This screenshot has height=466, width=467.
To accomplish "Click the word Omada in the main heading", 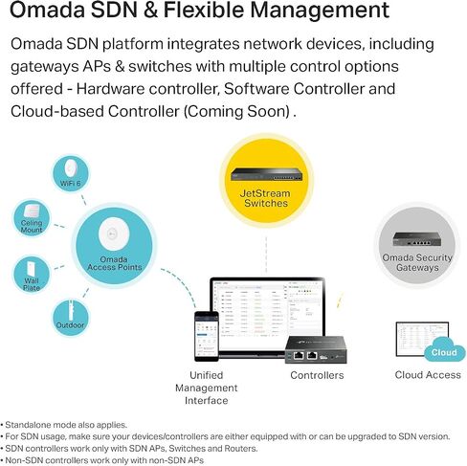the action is click(x=47, y=10).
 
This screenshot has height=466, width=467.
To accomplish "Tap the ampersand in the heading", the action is click(x=150, y=10).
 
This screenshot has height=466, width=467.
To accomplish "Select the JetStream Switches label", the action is click(x=265, y=198).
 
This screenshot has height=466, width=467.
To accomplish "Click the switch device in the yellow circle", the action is click(x=266, y=175).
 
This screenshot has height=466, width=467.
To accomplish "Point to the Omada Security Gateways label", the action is click(x=417, y=262).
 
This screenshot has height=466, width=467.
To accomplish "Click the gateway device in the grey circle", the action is click(x=417, y=239).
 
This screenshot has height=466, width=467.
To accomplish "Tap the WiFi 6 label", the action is click(x=70, y=184).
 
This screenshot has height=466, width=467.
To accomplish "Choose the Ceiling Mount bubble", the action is click(x=32, y=218).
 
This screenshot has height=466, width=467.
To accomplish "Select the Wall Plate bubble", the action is click(x=32, y=275).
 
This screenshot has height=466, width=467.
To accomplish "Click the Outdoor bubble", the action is click(x=71, y=318).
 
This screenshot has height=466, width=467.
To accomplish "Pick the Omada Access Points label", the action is click(x=114, y=263).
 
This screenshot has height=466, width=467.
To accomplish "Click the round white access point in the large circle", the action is click(x=114, y=233).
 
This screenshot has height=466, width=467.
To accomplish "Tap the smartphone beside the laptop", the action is click(x=207, y=336).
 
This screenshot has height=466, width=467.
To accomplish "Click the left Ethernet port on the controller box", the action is click(x=299, y=355).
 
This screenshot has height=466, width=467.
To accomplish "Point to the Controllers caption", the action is click(x=317, y=375).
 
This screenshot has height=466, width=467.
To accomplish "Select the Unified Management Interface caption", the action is click(x=207, y=388).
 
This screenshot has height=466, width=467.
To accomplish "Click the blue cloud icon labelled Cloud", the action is click(x=444, y=350).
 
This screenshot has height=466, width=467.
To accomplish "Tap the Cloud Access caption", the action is click(x=428, y=375).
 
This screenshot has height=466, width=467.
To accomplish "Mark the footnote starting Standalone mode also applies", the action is click(x=66, y=425).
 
